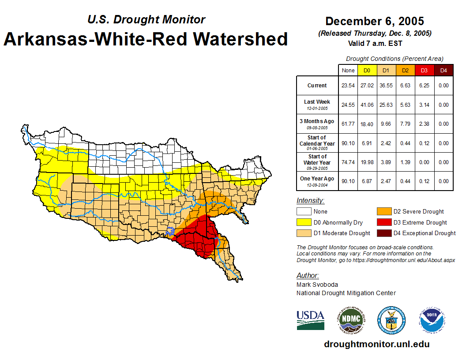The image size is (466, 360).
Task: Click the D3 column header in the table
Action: [424, 70]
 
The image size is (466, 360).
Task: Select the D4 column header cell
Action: [443, 70]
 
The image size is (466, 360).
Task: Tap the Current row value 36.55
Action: [386, 86]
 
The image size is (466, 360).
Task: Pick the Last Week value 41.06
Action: [367, 105]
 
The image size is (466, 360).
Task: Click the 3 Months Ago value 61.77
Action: [348, 124]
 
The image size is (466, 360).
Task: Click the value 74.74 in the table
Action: [348, 162]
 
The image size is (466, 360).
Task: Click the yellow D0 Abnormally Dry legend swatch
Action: [304, 222]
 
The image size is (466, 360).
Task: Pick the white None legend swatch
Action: [304, 212]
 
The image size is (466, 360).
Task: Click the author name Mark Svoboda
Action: [317, 285]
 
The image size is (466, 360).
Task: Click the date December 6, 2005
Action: [374, 21]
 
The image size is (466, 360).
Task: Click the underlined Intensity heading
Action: [310, 201]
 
